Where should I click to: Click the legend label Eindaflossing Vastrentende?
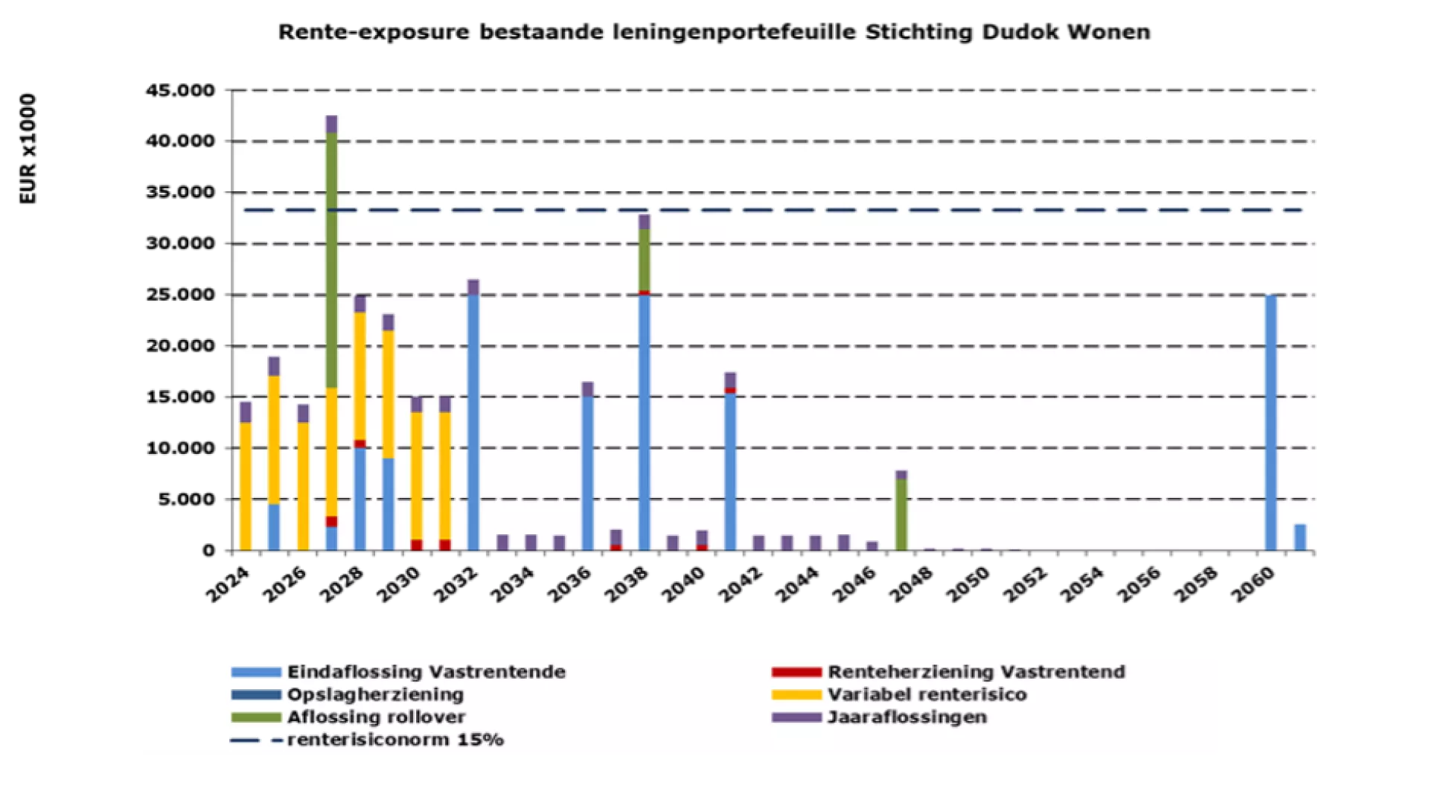pyautogui.click(x=426, y=672)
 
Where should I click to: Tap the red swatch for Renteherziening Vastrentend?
pyautogui.click(x=796, y=672)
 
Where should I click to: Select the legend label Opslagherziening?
pyautogui.click(x=375, y=694)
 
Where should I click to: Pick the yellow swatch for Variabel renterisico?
pyautogui.click(x=796, y=694)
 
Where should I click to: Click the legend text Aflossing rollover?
pyautogui.click(x=376, y=717)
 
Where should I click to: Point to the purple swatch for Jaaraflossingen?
pyautogui.click(x=796, y=717)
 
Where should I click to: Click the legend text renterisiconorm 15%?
pyautogui.click(x=395, y=740)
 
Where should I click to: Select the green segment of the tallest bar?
pyautogui.click(x=332, y=260)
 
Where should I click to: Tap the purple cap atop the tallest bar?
pyautogui.click(x=332, y=124)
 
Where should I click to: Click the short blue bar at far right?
pyautogui.click(x=1299, y=537)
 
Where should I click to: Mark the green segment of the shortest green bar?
pyautogui.click(x=901, y=515)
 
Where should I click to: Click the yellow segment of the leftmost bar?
pyautogui.click(x=246, y=486)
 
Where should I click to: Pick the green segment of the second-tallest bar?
pyautogui.click(x=645, y=260)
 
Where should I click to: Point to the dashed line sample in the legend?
pyautogui.click(x=256, y=740)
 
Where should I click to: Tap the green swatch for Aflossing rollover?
pyautogui.click(x=256, y=717)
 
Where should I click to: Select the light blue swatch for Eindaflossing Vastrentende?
pyautogui.click(x=256, y=672)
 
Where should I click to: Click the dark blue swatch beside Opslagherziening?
pyautogui.click(x=256, y=694)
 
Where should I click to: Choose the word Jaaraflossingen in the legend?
pyautogui.click(x=907, y=717)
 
